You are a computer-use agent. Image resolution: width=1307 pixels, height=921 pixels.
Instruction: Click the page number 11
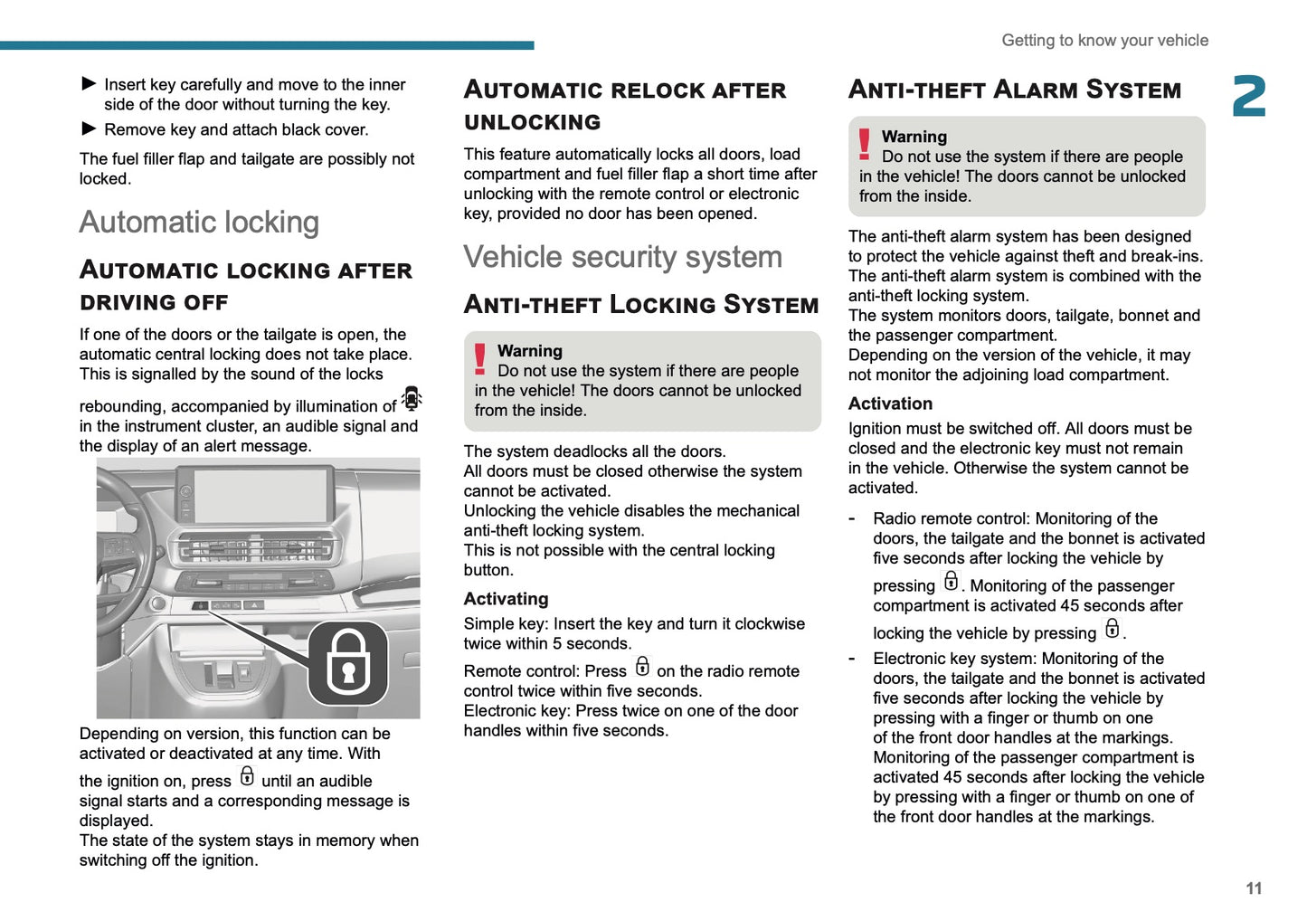click(1253, 888)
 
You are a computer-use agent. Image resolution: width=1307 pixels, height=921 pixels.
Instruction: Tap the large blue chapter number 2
click(1249, 97)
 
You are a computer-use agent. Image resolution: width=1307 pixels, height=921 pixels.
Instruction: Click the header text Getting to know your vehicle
click(1104, 41)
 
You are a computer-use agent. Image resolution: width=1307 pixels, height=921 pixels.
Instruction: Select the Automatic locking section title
click(199, 223)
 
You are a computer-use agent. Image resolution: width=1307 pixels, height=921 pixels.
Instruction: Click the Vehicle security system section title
click(622, 257)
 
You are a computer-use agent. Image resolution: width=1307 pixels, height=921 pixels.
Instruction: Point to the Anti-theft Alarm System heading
click(1014, 90)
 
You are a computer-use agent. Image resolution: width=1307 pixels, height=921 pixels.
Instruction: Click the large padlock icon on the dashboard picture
click(348, 663)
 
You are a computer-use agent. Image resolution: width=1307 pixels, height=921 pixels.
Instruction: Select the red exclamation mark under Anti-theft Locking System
click(480, 359)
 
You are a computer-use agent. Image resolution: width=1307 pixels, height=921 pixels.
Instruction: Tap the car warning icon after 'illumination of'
click(412, 398)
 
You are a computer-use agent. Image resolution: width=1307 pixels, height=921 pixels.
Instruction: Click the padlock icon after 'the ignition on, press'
click(247, 776)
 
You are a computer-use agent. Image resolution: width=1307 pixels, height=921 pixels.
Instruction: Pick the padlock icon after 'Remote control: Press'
click(642, 667)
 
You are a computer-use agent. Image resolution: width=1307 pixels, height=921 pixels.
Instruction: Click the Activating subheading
click(506, 599)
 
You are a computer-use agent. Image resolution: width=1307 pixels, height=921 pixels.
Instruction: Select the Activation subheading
click(890, 404)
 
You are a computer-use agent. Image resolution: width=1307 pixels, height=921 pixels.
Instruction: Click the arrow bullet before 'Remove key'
click(89, 128)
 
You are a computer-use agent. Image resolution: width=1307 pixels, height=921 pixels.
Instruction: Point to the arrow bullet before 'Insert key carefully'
click(89, 83)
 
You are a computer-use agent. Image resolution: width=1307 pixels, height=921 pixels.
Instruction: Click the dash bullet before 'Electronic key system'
click(852, 659)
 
